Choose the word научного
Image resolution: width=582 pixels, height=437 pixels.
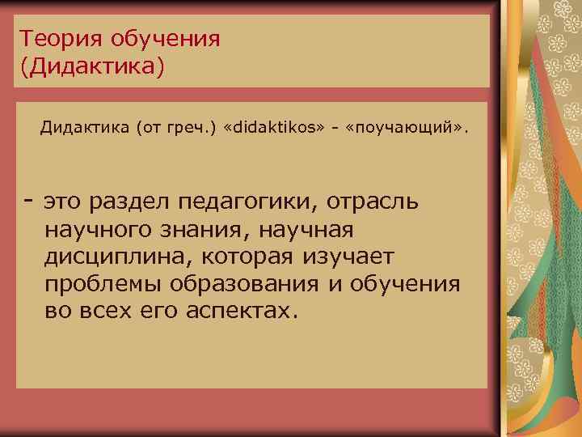(100, 230)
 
